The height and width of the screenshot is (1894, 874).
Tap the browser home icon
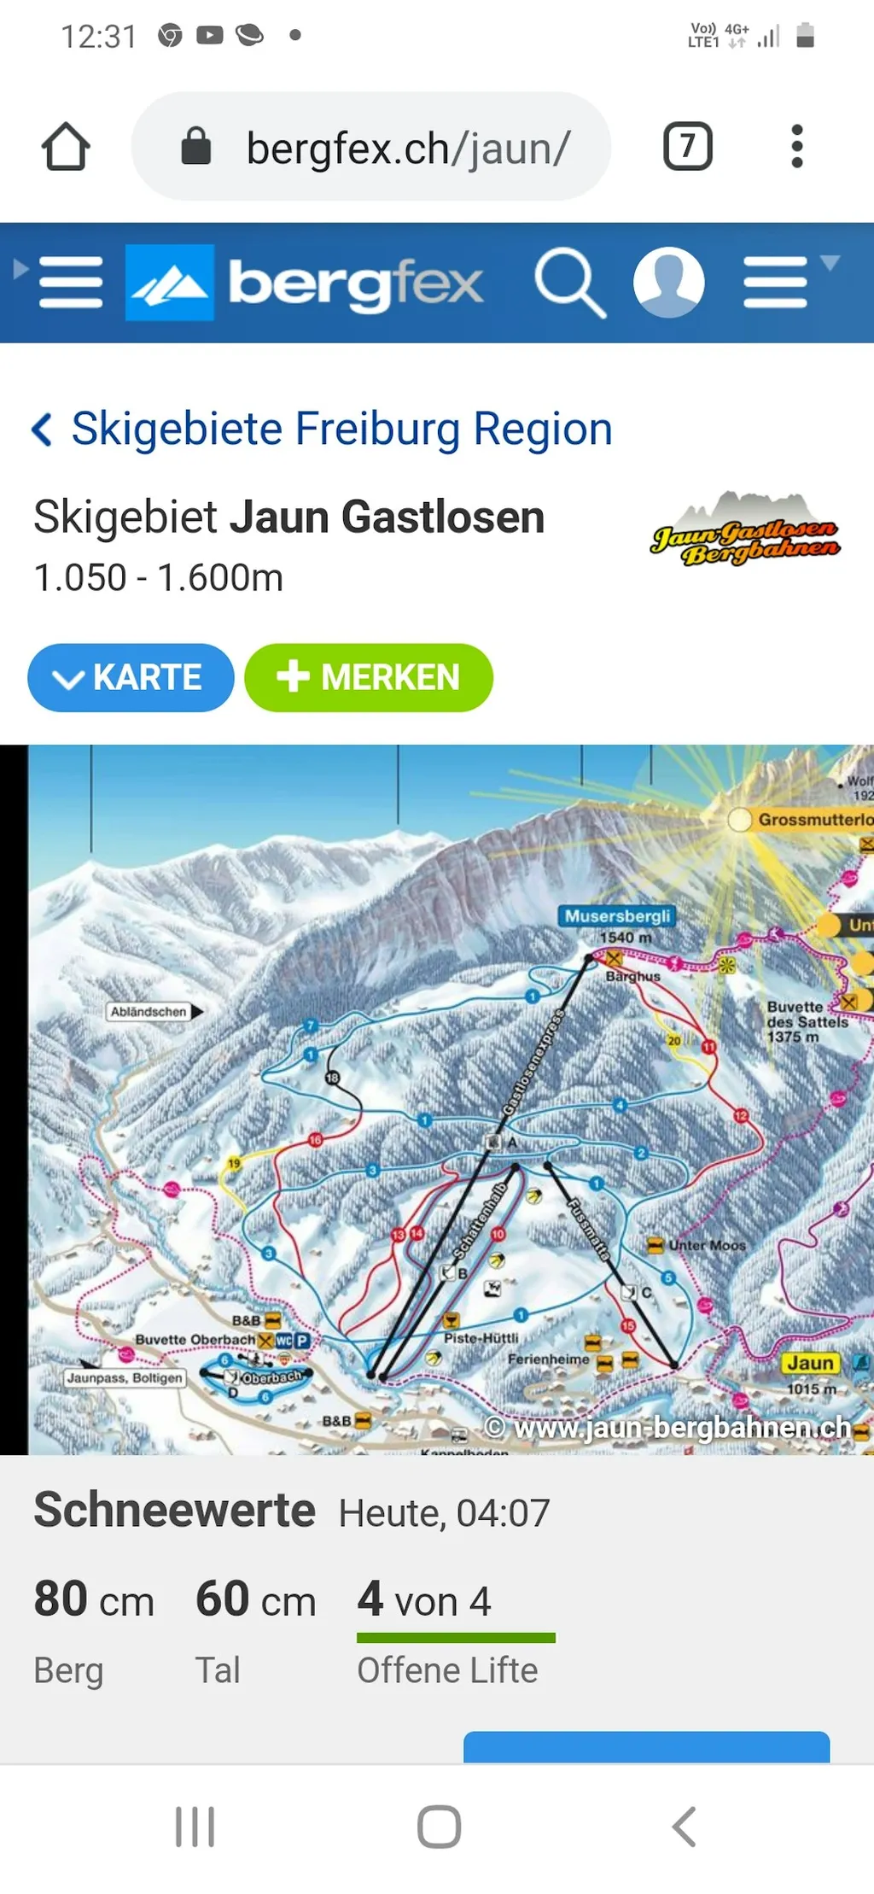66,147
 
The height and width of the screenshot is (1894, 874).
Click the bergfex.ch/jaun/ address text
408,149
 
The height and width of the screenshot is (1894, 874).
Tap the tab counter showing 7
687,147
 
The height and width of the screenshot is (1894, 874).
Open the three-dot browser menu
797,147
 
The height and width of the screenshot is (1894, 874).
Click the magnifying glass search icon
569,283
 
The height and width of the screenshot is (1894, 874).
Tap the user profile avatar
668,283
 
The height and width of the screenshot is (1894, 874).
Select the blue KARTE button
131,678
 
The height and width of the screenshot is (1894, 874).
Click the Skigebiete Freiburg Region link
341,429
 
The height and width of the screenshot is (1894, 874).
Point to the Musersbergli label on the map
617,916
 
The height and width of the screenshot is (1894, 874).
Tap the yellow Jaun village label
809,1363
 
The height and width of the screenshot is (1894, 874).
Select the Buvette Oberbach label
195,1340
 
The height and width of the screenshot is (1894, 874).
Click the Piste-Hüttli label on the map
481,1338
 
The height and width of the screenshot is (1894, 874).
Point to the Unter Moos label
707,1246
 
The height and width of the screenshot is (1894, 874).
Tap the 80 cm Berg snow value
94,1600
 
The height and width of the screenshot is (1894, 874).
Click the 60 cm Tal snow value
255,1600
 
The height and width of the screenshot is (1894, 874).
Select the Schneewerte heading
175,1511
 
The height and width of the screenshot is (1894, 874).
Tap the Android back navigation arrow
685,1827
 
